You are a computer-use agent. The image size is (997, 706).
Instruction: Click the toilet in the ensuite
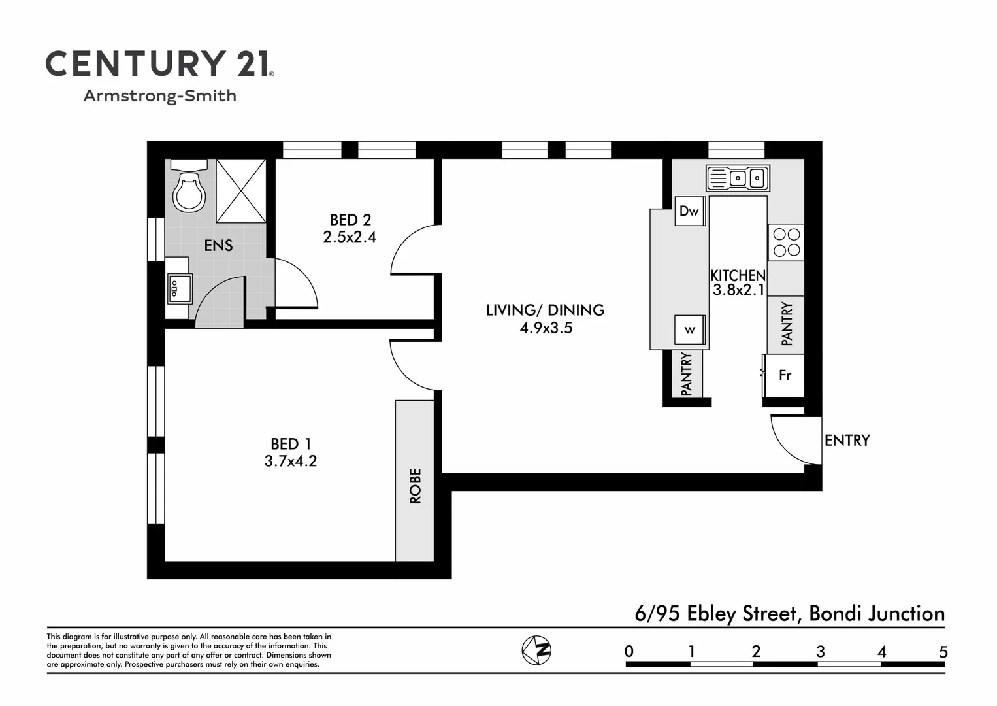(x=189, y=189)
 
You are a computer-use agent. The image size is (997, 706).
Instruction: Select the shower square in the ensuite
(x=240, y=190)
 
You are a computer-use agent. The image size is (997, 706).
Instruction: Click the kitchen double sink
(x=738, y=178)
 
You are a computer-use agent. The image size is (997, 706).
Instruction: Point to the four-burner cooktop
(x=786, y=242)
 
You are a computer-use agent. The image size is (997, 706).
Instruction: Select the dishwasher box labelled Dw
(x=689, y=211)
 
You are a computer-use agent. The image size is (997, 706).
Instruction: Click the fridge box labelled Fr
(x=785, y=375)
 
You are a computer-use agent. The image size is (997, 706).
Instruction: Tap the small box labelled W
(x=690, y=330)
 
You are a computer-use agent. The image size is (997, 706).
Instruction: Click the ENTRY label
(x=847, y=441)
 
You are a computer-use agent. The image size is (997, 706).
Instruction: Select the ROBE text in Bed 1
(x=416, y=486)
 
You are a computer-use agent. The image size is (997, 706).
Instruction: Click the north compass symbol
(x=536, y=650)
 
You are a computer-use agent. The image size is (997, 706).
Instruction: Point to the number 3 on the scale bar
(x=820, y=652)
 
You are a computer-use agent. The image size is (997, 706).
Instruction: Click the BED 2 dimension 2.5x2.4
(x=350, y=237)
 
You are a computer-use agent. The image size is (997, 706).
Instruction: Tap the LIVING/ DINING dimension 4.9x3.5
(x=546, y=328)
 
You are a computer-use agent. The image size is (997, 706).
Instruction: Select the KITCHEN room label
(x=738, y=275)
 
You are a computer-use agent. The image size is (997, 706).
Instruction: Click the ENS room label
(x=218, y=246)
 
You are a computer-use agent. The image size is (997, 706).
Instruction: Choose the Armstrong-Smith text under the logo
(x=159, y=96)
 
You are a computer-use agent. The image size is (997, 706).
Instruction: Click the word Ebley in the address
(x=711, y=614)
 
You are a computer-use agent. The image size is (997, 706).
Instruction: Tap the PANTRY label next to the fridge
(x=787, y=324)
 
